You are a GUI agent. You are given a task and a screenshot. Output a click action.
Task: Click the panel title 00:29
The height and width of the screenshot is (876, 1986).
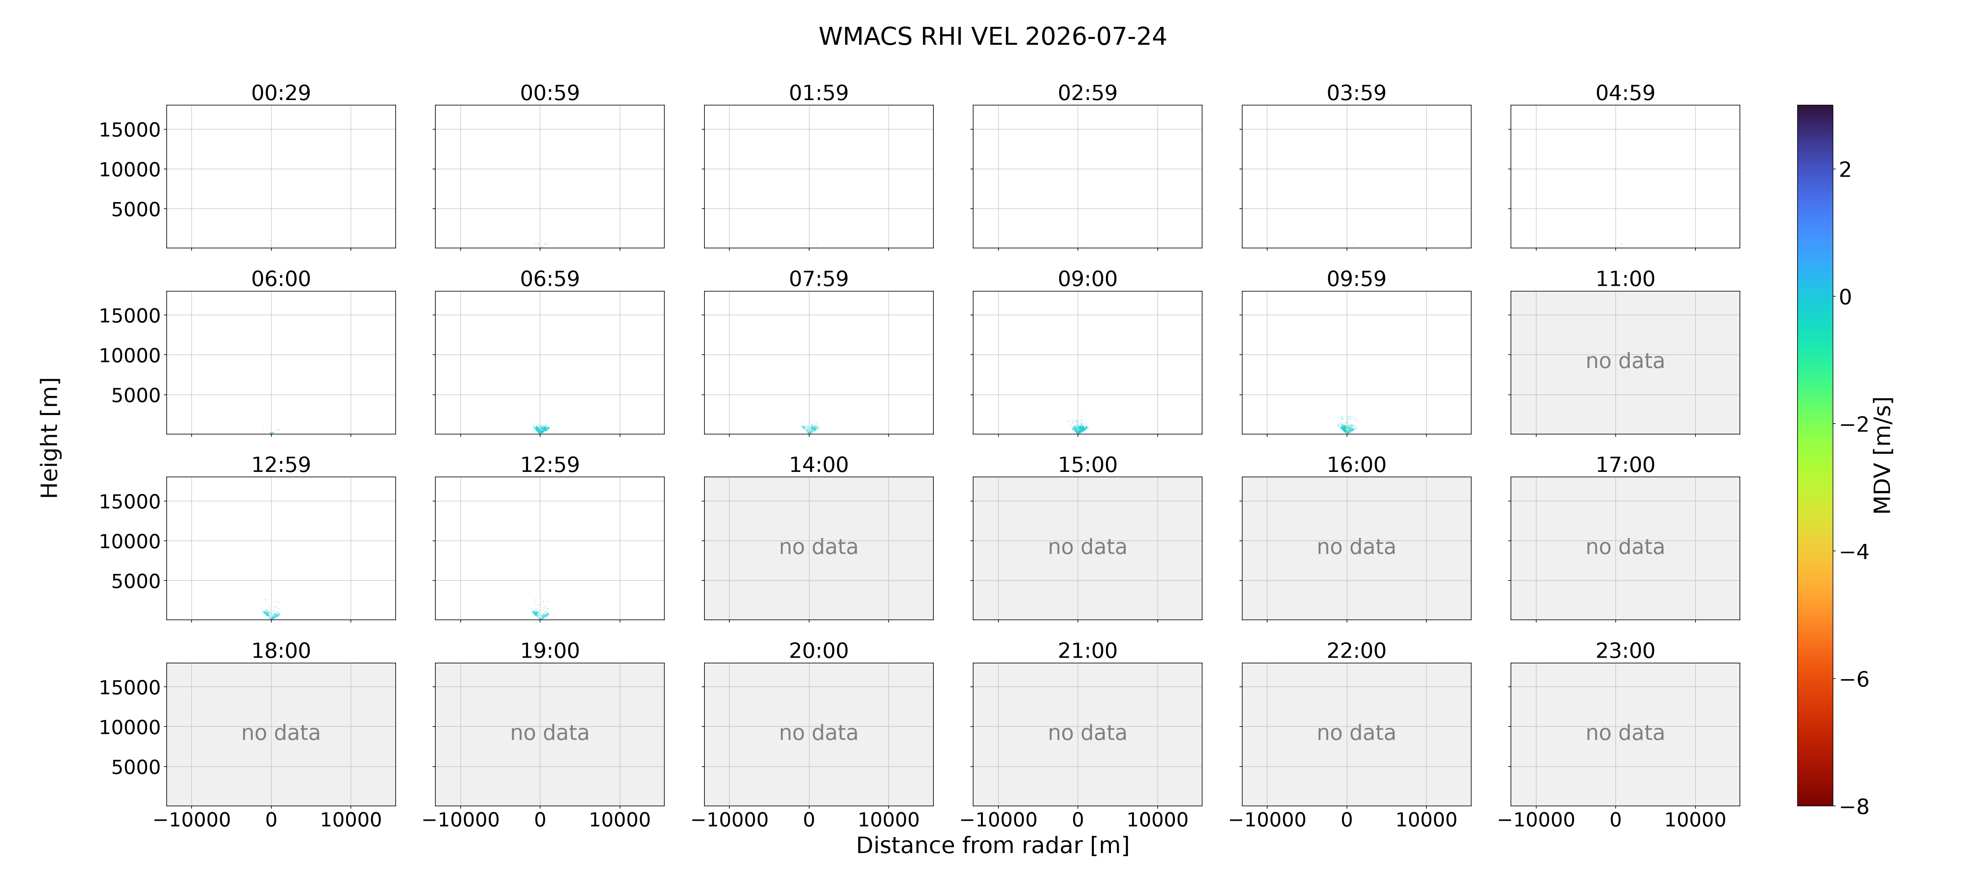pyautogui.click(x=281, y=93)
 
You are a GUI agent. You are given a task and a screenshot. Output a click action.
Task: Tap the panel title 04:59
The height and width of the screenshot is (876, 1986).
pyautogui.click(x=1625, y=93)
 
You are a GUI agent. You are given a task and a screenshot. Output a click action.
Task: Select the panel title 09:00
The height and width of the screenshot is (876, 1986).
pyautogui.click(x=1087, y=278)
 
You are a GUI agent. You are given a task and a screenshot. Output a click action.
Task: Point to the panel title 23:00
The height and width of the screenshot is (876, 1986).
pyautogui.click(x=1625, y=650)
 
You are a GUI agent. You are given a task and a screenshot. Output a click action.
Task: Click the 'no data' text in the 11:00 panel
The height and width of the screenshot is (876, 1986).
pyautogui.click(x=1625, y=361)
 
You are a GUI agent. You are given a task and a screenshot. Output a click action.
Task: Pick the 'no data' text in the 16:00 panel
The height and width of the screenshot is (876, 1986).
pyautogui.click(x=1356, y=547)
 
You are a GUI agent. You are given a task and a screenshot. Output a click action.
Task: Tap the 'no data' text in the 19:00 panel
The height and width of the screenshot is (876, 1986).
pyautogui.click(x=550, y=733)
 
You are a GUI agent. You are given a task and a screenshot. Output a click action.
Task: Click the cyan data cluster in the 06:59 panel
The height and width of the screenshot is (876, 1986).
pyautogui.click(x=541, y=428)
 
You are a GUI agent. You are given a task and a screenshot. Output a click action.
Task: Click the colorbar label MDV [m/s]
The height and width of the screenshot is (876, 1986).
pyautogui.click(x=1882, y=455)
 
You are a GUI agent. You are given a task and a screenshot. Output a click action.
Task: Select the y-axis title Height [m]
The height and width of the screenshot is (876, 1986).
pyautogui.click(x=49, y=438)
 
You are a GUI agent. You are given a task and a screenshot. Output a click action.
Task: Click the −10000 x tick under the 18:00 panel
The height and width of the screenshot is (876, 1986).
pyautogui.click(x=192, y=820)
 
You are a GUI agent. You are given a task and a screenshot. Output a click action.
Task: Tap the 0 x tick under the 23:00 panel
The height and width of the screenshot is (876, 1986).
pyautogui.click(x=1615, y=820)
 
